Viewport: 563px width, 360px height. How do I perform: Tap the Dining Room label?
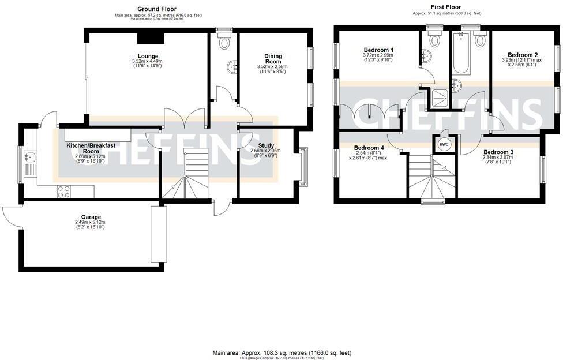[273, 59]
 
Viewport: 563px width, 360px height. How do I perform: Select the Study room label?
[266, 146]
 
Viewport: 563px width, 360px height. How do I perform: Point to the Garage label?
[89, 217]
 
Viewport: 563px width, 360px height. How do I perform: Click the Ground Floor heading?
[156, 9]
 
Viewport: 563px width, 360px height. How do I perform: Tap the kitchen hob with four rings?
[64, 192]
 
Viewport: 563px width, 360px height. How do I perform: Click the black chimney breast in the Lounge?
[151, 37]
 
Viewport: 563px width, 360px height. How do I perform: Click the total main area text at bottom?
[281, 352]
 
